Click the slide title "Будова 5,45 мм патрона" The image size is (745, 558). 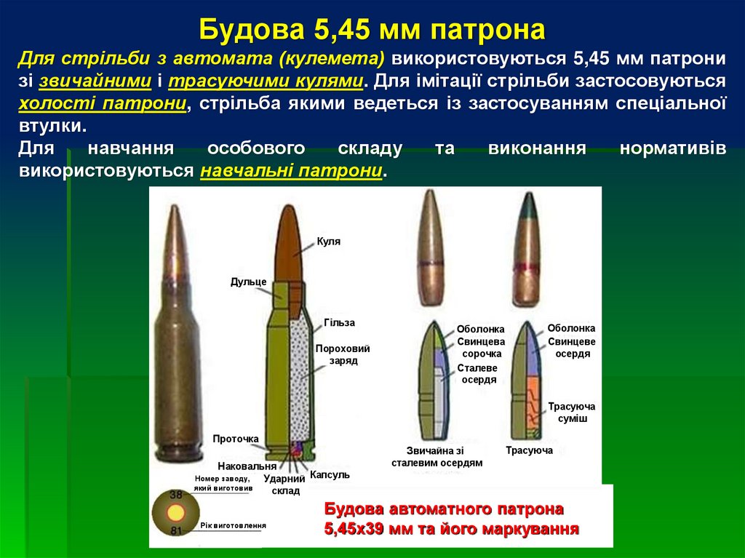pos(372,31)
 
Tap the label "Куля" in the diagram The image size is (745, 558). pos(328,242)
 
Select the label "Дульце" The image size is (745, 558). pos(248,282)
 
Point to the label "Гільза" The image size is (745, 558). pos(339,322)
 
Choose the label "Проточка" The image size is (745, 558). pos(236,439)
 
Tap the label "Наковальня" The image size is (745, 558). pos(247,466)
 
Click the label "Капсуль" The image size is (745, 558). pos(330,474)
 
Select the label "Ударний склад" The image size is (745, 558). pos(284,485)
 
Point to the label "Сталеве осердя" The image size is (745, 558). pos(478,373)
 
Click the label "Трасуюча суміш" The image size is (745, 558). pos(571,412)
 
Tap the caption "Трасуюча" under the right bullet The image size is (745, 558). pos(529,450)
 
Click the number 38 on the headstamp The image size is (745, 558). pos(175,495)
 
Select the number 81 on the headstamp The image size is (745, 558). pos(175,530)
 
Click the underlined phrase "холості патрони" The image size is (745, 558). pos(103,103)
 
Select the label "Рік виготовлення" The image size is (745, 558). pos(233,525)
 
